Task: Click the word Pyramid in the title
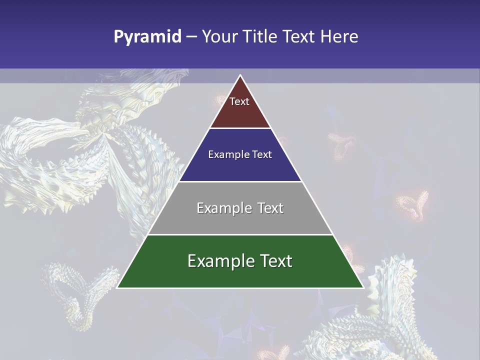pyautogui.click(x=147, y=37)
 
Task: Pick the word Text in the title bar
pyautogui.click(x=299, y=37)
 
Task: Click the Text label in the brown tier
pyautogui.click(x=239, y=101)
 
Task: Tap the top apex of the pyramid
pyautogui.click(x=240, y=75)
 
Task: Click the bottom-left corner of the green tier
pyautogui.click(x=117, y=287)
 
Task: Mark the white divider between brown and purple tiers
pyautogui.click(x=240, y=128)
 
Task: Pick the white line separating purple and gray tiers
pyautogui.click(x=240, y=181)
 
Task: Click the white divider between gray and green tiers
pyautogui.click(x=240, y=234)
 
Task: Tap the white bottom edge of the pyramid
pyautogui.click(x=240, y=288)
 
